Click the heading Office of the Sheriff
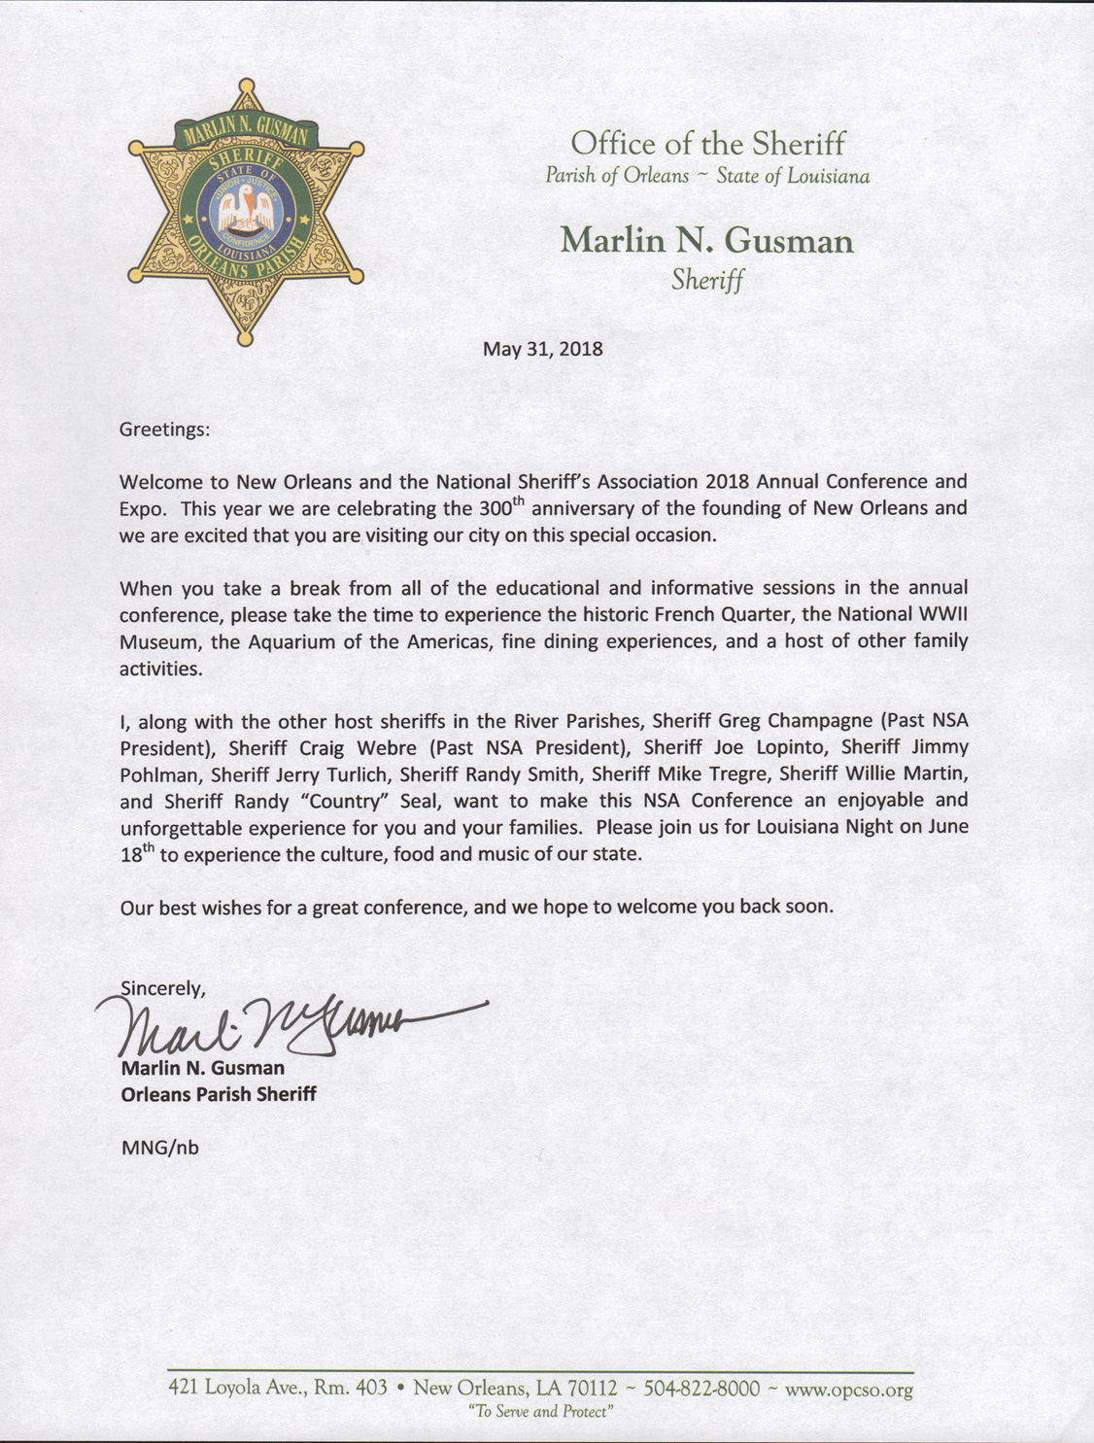click(x=707, y=144)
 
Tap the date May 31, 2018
click(x=543, y=349)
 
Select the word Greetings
click(x=162, y=429)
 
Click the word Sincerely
click(x=163, y=988)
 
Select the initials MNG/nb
click(x=159, y=1147)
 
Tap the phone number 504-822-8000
click(x=701, y=1389)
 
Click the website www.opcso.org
click(x=848, y=1390)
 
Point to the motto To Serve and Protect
click(x=540, y=1411)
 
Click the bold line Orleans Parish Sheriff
click(x=219, y=1094)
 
